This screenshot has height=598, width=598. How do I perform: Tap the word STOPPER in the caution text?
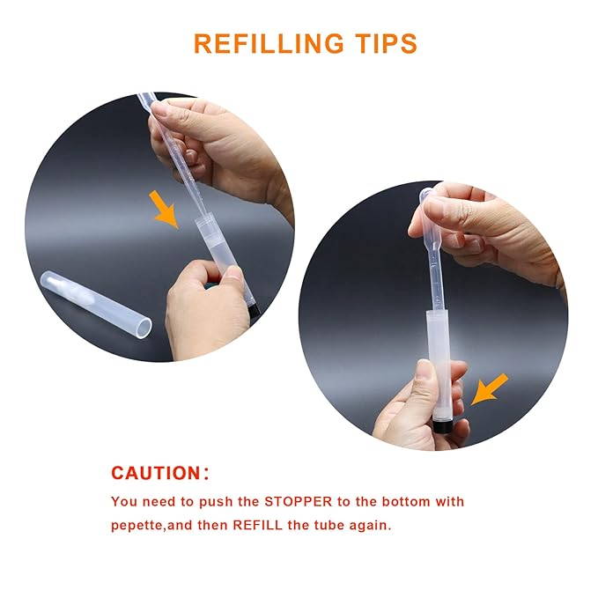coord(296,502)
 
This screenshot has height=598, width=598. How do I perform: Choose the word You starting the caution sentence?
coord(124,502)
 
